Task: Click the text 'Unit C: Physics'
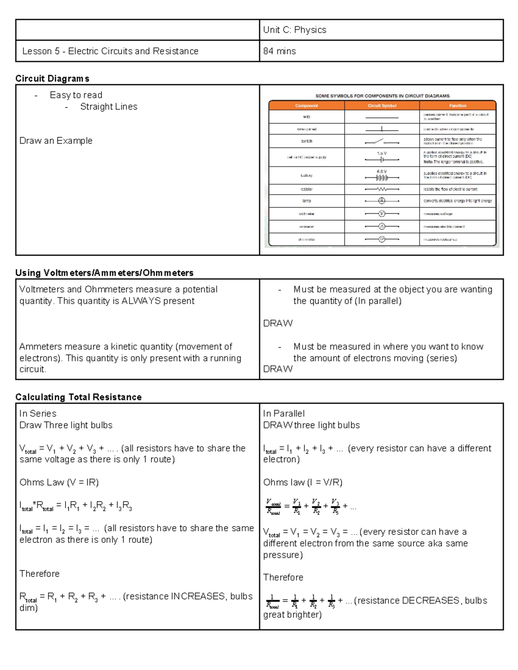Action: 294,30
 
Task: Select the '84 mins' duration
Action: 279,51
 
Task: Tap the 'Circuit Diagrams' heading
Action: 52,79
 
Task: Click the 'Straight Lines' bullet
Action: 108,107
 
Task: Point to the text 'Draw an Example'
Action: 56,141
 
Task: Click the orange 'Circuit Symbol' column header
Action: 382,106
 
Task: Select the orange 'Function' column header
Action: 458,106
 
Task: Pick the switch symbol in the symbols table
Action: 382,141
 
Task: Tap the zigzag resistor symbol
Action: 382,189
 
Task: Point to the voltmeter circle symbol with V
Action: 382,214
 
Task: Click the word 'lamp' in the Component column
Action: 306,201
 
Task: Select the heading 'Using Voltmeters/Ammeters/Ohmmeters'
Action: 104,273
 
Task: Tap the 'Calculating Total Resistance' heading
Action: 78,397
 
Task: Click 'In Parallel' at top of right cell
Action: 284,413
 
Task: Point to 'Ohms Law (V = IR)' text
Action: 59,482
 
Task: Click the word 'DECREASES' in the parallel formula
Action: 430,601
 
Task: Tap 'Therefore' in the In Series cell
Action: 39,573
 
